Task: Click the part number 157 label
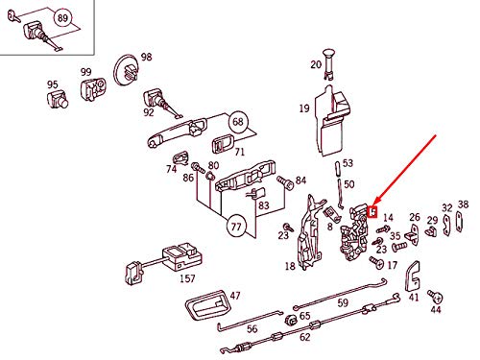pos(187,279)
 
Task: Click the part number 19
pos(303,108)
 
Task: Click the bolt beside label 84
pos(283,180)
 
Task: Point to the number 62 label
pos(305,337)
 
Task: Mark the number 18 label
pos(289,267)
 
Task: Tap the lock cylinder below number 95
pos(55,103)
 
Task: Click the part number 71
pos(240,153)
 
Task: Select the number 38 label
pos(463,204)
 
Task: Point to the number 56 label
pos(252,328)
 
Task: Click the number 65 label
pos(304,315)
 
